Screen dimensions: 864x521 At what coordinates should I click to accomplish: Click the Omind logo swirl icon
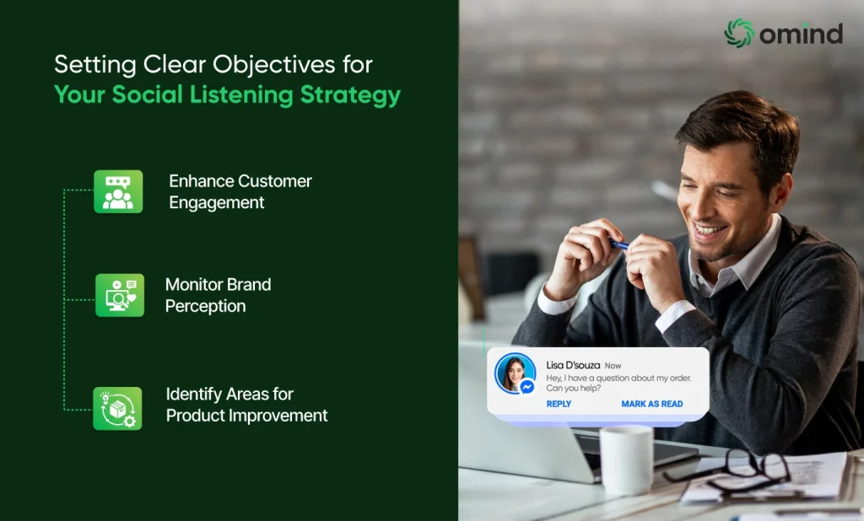pos(739,33)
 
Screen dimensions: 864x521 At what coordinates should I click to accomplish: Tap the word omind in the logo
pos(802,34)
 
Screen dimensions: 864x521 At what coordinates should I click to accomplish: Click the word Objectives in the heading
pos(274,65)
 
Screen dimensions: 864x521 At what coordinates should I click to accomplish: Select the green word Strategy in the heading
pos(350,94)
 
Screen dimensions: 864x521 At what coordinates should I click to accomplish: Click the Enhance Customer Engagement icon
pos(118,191)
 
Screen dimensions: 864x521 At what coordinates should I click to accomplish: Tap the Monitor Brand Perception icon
pos(120,295)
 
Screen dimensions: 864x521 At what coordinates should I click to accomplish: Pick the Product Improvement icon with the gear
pos(117,408)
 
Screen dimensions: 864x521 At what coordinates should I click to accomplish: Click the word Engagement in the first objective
pos(217,203)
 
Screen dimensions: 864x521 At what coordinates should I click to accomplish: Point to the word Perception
pos(206,306)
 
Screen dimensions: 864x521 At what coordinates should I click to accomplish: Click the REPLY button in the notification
pos(559,404)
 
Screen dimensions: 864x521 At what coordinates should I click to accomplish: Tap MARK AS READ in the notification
pos(652,404)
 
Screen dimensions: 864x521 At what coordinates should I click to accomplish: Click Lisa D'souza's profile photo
pos(515,373)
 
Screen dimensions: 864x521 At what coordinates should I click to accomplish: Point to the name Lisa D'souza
pos(573,365)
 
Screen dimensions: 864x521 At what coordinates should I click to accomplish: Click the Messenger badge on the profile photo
pos(526,387)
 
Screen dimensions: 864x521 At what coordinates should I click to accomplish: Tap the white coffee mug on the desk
pos(627,459)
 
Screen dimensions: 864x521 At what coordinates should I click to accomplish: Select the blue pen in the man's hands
pos(618,244)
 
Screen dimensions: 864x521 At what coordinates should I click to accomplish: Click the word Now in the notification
pos(613,366)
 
